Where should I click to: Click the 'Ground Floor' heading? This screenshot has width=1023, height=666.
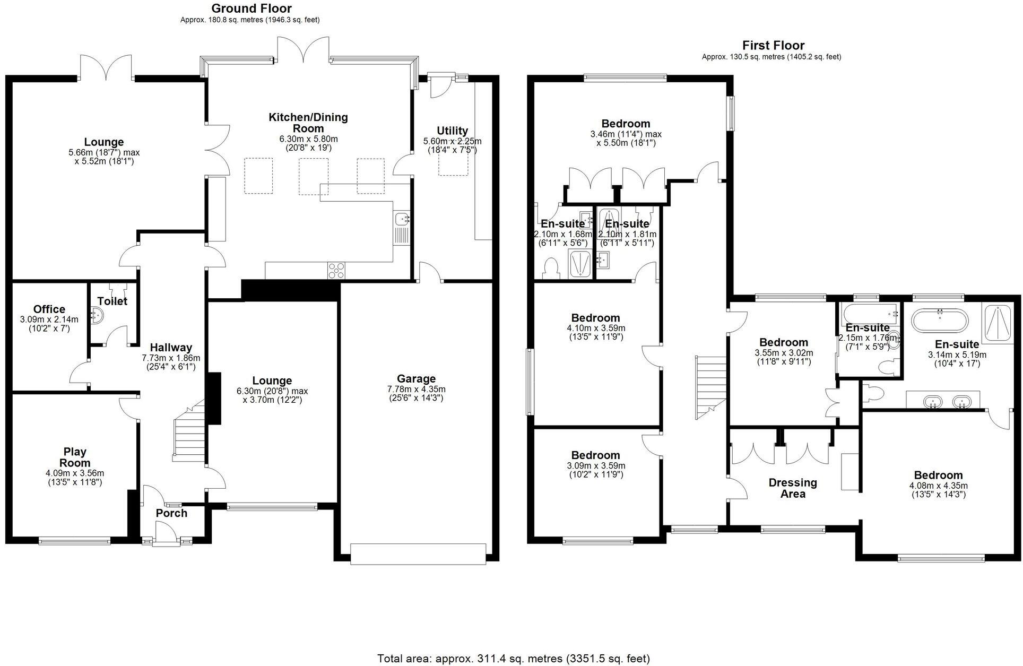pos(251,8)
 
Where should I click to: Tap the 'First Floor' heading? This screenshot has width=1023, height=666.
pos(773,45)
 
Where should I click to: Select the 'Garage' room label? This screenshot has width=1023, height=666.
pos(416,378)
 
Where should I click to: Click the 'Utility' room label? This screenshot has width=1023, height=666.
pos(452,131)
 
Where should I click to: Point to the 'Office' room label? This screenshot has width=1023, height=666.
pos(49,309)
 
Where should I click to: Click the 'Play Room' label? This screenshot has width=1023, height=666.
pos(75,457)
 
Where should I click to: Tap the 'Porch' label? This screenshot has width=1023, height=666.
pos(171,513)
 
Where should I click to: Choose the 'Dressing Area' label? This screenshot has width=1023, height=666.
pos(793,488)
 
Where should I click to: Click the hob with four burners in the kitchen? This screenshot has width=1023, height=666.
pos(336,270)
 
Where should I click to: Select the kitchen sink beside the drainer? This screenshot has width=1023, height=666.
pos(402,218)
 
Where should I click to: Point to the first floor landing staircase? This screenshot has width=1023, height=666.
pos(711,387)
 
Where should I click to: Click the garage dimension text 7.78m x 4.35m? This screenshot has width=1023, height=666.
pos(416,389)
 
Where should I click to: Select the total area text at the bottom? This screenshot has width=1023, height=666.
pos(513,659)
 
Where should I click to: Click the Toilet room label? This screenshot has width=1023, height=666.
pos(112,301)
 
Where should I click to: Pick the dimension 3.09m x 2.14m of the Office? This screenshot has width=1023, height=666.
pos(49,319)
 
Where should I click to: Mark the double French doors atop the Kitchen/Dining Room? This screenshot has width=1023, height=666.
pos(304,50)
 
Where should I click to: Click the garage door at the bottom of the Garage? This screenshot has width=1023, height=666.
pos(418,554)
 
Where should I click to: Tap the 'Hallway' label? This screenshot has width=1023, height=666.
pos(171,348)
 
